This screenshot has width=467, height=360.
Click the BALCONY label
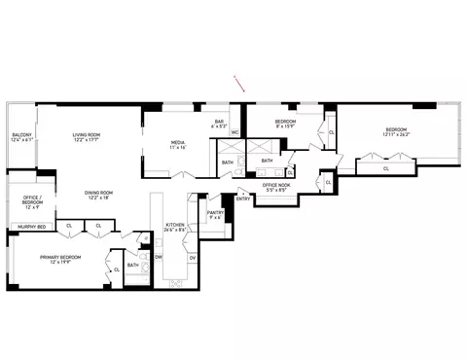pyautogui.click(x=22, y=134)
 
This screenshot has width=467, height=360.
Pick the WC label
pyautogui.click(x=234, y=133)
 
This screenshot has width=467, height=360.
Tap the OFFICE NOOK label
pyautogui.click(x=277, y=185)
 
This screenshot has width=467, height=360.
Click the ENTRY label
pyautogui.click(x=242, y=198)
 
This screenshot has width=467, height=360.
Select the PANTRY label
pyautogui.click(x=216, y=212)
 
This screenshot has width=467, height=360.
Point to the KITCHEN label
pyautogui.click(x=175, y=226)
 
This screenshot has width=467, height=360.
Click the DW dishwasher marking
pyautogui.click(x=159, y=257)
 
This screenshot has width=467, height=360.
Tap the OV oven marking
pyautogui.click(x=193, y=257)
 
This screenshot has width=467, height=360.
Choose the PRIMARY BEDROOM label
pyautogui.click(x=60, y=256)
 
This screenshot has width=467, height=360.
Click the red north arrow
pyautogui.click(x=237, y=83)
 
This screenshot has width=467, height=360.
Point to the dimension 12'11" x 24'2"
pyautogui.click(x=396, y=135)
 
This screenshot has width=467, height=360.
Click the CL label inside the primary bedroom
pyautogui.click(x=118, y=270)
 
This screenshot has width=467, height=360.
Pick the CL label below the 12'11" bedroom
pyautogui.click(x=386, y=167)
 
